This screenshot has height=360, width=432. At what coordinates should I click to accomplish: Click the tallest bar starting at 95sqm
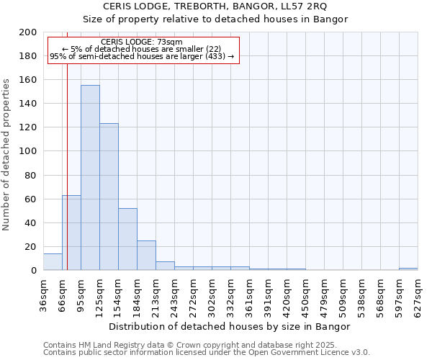(x=90, y=178)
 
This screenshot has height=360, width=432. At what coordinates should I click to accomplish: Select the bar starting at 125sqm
(x=109, y=197)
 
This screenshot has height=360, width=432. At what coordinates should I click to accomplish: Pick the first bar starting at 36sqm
(x=53, y=262)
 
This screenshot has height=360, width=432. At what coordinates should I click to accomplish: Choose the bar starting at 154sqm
(x=127, y=239)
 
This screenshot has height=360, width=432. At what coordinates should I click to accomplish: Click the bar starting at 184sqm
(x=146, y=256)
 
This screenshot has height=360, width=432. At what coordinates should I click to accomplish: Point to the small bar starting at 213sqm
(x=165, y=266)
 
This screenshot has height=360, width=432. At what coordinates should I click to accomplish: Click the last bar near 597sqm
(x=408, y=269)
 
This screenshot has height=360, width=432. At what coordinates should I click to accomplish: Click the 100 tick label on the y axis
(x=28, y=151)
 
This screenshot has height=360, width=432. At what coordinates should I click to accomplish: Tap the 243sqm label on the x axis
(x=175, y=295)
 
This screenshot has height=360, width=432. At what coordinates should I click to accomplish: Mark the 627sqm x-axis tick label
(x=418, y=295)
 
